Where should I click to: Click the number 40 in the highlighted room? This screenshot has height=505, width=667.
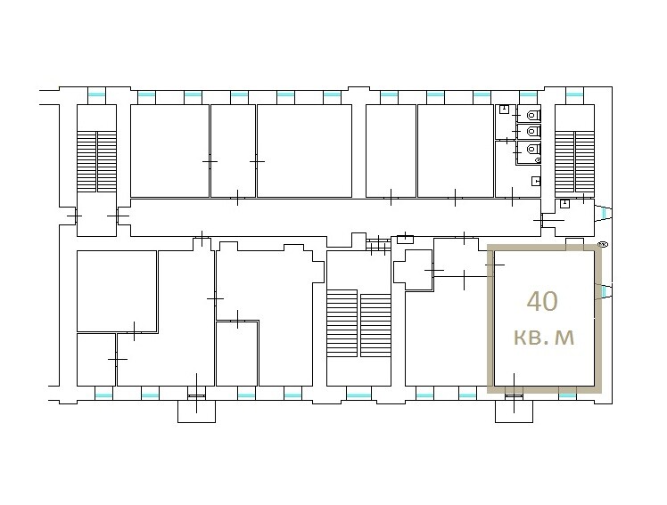[x=542, y=301]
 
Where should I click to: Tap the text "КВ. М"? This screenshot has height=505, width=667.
[x=544, y=338]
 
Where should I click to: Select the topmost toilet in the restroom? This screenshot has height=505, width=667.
[x=533, y=115]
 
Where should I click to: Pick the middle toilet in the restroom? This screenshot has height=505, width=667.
[x=533, y=131]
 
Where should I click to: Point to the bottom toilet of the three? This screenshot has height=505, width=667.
[x=533, y=149]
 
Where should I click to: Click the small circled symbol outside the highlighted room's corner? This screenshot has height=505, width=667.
[x=603, y=244]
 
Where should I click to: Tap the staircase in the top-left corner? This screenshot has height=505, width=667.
[x=96, y=161]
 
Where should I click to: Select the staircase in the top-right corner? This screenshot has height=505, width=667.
[x=574, y=161]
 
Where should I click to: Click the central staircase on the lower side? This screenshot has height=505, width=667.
[x=359, y=323]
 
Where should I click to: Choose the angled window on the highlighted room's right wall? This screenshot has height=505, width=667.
[x=604, y=291]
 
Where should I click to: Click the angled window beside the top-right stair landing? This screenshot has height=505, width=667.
[x=604, y=213]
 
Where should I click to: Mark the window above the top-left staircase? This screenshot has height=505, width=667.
[x=96, y=94]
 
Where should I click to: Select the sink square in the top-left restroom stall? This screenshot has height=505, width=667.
[x=504, y=109]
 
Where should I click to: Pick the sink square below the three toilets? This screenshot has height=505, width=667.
[x=537, y=182]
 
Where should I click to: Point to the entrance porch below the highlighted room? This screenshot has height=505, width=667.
[x=514, y=411]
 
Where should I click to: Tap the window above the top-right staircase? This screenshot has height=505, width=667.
[x=574, y=94]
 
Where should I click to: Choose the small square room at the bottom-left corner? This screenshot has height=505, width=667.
[x=96, y=360]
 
